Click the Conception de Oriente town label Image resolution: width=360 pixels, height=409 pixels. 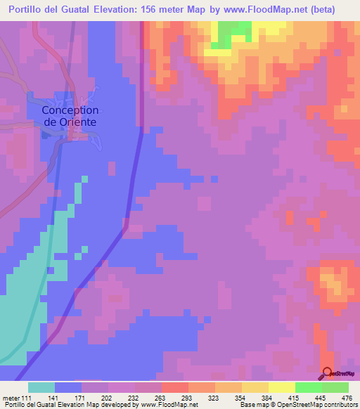pyautogui.click(x=70, y=115)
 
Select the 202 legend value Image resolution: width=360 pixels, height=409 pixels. pyautogui.click(x=104, y=398)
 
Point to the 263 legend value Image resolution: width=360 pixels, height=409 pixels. pyautogui.click(x=158, y=398)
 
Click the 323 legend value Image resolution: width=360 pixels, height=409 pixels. pyautogui.click(x=212, y=398)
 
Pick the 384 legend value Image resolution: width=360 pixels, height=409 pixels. pyautogui.click(x=266, y=398)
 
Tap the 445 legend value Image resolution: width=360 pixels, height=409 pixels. pyautogui.click(x=321, y=398)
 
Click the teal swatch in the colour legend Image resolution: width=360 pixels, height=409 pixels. pyautogui.click(x=41, y=387)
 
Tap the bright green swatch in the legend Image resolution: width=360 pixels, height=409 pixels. pyautogui.click(x=308, y=387)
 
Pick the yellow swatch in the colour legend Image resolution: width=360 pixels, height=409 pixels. pyautogui.click(x=281, y=387)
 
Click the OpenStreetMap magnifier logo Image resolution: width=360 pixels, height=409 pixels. pyautogui.click(x=328, y=373)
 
